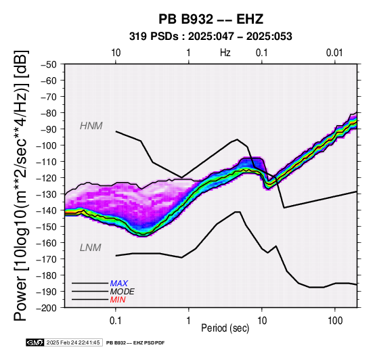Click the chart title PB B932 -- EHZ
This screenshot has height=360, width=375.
211,19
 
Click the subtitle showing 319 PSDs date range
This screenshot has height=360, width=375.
211,37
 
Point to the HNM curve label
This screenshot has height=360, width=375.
91,126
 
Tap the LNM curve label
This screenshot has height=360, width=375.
91,248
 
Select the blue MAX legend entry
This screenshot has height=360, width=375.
119,284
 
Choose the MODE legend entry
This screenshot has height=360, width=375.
123,292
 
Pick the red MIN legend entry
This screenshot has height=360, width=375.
118,300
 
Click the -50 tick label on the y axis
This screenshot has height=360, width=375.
49,64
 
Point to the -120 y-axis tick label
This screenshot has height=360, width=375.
47,178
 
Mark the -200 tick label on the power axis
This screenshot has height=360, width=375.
47,308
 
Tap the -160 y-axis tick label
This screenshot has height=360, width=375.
47,243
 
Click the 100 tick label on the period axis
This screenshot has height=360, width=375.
335,321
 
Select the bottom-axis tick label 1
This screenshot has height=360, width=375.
188,321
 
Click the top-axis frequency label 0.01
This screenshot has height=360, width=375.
334,53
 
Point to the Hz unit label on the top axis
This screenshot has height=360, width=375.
225,53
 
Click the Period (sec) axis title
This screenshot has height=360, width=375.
225,328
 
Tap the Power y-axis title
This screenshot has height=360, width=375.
20,185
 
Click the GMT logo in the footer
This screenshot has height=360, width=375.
35,342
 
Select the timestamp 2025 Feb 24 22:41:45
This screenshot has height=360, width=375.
73,342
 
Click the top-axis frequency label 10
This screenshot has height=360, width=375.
116,53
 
